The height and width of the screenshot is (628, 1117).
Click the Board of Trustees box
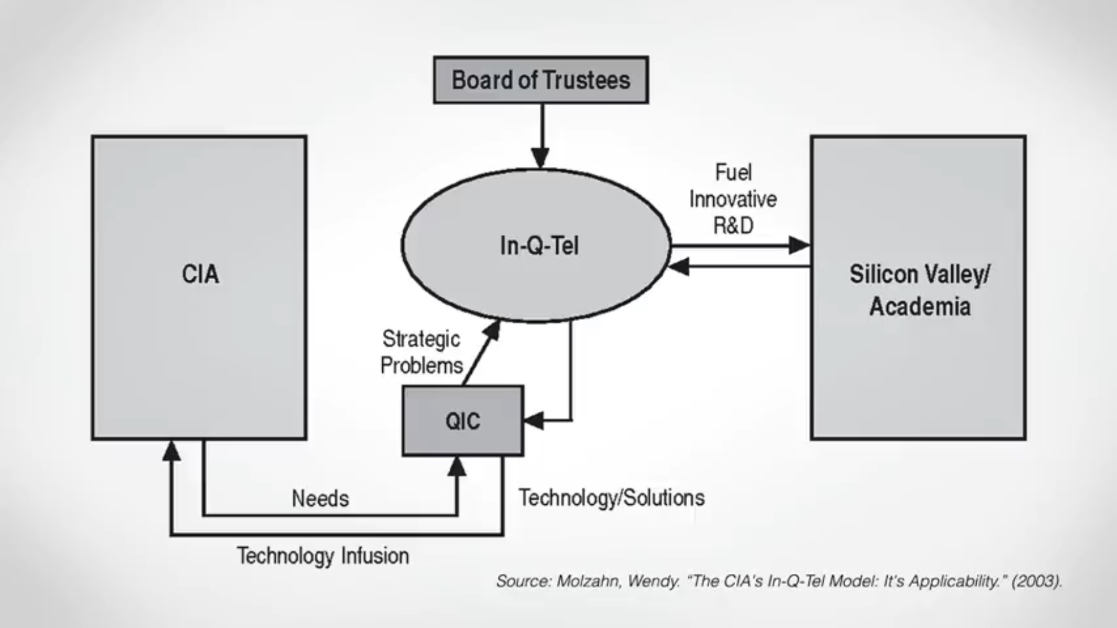[x=541, y=80]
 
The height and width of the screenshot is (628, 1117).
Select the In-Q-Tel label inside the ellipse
[x=539, y=246]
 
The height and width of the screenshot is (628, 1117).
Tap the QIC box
[x=463, y=420]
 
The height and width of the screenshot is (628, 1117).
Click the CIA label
[x=200, y=274]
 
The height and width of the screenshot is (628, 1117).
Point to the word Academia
[x=920, y=306]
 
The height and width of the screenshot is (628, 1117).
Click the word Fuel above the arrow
[x=733, y=172]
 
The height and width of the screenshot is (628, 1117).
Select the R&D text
[x=733, y=225]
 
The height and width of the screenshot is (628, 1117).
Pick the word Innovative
[x=733, y=199]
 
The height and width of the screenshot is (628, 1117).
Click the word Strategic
[x=421, y=339]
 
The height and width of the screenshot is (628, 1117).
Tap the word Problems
[x=422, y=365]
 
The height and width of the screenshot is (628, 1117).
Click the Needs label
[x=321, y=498]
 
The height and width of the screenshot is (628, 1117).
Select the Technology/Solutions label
[x=611, y=498]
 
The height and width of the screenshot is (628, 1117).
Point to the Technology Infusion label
[x=323, y=556]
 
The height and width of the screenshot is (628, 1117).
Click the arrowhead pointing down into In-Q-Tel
[x=540, y=157]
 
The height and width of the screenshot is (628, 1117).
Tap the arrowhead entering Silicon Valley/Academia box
[x=799, y=245]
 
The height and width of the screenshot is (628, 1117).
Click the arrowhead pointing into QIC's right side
[x=534, y=420]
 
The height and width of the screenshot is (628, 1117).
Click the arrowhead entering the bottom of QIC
[x=457, y=466]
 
